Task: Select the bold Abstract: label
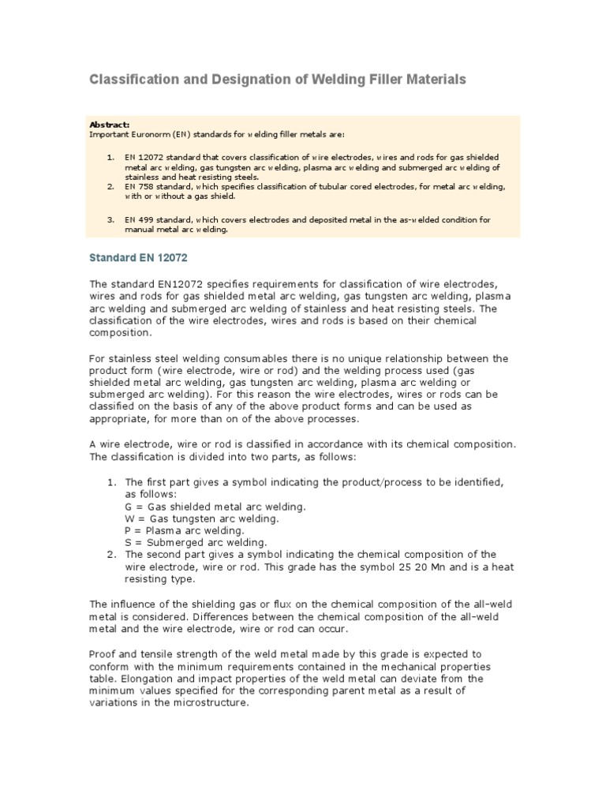point(110,125)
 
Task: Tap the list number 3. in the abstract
point(110,219)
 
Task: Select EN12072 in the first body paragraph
point(168,283)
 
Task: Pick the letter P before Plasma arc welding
point(129,530)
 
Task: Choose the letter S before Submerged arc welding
point(129,542)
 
